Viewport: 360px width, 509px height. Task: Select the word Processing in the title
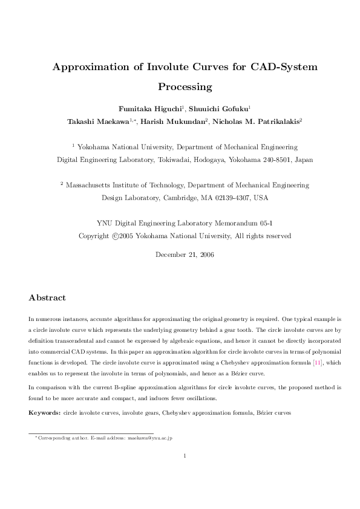point(185,86)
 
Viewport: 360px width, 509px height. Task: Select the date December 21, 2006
point(185,254)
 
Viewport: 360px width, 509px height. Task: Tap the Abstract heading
point(47,298)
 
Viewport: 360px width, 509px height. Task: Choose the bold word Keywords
point(44,412)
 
